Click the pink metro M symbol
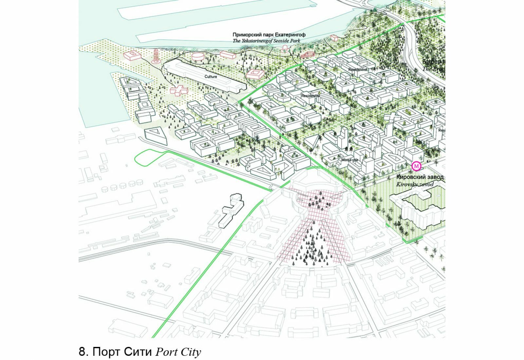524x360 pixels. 417,166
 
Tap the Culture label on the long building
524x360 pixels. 211,77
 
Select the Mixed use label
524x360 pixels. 349,160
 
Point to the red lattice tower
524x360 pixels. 156,56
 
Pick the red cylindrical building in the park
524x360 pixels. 197,56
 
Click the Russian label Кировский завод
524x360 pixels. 420,177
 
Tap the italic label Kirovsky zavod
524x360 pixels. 415,184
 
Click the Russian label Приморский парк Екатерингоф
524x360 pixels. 269,35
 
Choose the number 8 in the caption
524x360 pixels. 82,352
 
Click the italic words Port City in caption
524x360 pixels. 178,352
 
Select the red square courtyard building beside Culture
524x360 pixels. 255,74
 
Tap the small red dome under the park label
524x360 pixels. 286,48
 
